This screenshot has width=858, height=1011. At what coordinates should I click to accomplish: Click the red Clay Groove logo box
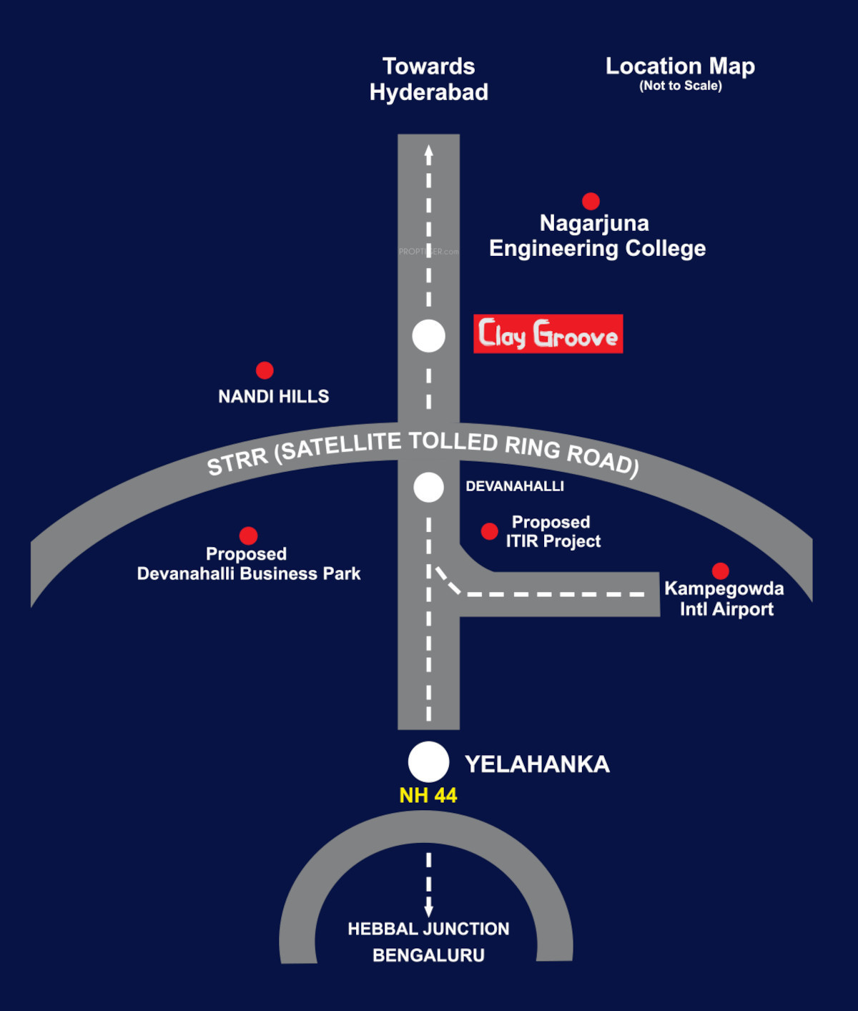point(548,334)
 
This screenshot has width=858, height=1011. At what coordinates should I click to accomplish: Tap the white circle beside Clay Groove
point(428,336)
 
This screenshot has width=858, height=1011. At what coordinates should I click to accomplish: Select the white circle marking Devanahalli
point(428,487)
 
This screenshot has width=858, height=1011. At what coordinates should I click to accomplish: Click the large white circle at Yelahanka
point(428,761)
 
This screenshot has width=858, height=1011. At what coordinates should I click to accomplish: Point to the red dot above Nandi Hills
point(265,370)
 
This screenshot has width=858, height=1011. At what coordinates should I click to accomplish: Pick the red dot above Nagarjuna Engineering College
point(591,201)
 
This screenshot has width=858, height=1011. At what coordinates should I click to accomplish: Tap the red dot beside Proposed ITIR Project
point(490,531)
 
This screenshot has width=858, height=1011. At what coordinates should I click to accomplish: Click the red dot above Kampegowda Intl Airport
point(721,571)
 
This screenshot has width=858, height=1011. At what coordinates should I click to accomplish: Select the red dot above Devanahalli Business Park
point(249,536)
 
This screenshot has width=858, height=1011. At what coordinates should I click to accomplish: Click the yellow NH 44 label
point(428,796)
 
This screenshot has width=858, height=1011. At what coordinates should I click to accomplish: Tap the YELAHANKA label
point(537,764)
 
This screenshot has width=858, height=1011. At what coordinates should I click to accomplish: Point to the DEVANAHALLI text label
point(515,486)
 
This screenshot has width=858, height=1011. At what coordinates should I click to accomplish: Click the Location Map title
point(681,66)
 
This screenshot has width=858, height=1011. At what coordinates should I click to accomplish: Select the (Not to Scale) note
point(681,86)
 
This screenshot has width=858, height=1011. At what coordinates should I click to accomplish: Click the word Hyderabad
point(429,93)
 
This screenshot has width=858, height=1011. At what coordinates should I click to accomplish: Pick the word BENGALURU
point(428,955)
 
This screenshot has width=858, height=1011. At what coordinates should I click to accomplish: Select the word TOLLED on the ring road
point(453,441)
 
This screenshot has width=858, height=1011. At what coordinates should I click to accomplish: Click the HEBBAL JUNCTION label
point(428,929)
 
